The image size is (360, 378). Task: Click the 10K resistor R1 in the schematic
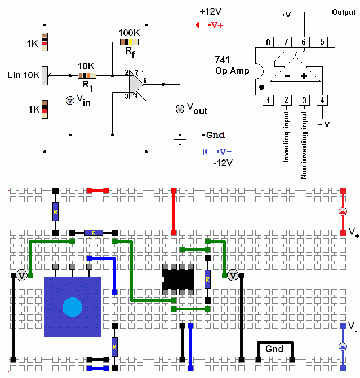point(86,75)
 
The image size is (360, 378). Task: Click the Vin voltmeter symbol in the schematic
point(70,100)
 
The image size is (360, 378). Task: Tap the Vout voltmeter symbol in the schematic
point(180,109)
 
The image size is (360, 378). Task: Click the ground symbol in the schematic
point(180,141)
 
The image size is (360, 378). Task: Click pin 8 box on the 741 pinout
point(269,42)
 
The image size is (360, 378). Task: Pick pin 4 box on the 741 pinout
point(322,100)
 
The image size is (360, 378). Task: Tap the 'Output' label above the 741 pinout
point(343,12)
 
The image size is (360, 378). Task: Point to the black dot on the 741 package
point(261,87)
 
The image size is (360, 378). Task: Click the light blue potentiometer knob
point(72,307)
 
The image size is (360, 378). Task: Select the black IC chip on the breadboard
point(177,279)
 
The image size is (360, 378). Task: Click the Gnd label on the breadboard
point(274,349)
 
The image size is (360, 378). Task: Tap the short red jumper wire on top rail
point(97,191)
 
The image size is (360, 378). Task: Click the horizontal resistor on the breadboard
point(93,232)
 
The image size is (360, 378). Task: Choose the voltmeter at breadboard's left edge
point(21,275)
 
